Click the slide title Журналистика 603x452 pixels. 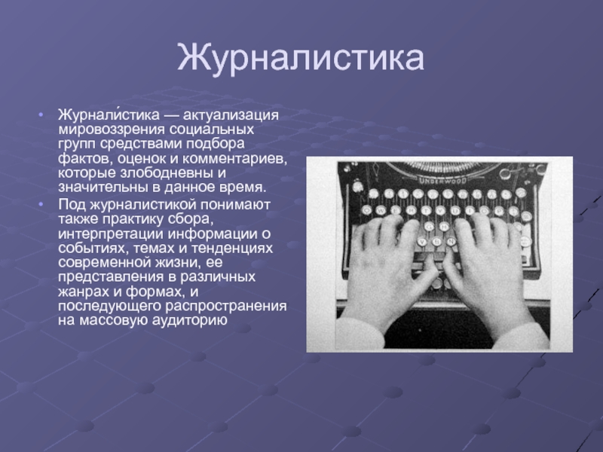300,58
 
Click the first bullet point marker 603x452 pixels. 41,115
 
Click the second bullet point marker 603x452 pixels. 41,204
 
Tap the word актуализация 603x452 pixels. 231,115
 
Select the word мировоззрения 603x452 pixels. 111,130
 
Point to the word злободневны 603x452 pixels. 167,173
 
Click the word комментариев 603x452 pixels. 234,158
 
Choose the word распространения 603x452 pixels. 226,306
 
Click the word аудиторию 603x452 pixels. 190,320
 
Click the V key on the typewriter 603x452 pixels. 422,242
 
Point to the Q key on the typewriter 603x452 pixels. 366,210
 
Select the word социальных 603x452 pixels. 212,130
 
